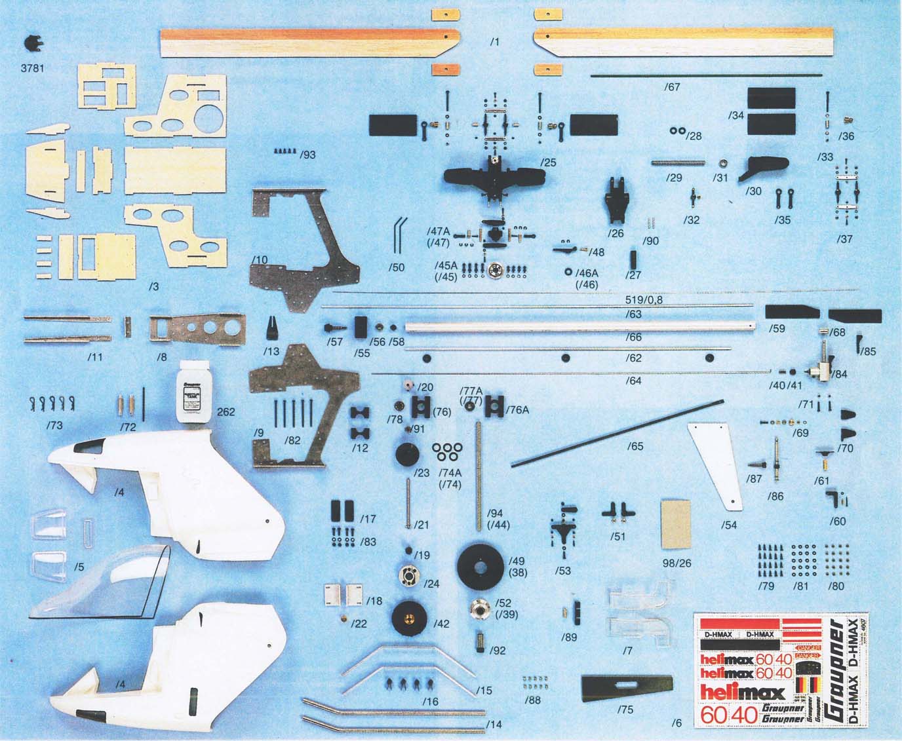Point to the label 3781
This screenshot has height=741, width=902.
[x=32, y=67]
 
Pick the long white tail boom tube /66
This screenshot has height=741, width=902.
[x=577, y=326]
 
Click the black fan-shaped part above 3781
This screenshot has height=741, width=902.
[x=31, y=43]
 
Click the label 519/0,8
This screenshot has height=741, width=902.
[x=645, y=299]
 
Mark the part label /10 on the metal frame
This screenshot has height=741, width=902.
[x=260, y=260]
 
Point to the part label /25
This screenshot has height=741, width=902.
[x=548, y=161]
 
